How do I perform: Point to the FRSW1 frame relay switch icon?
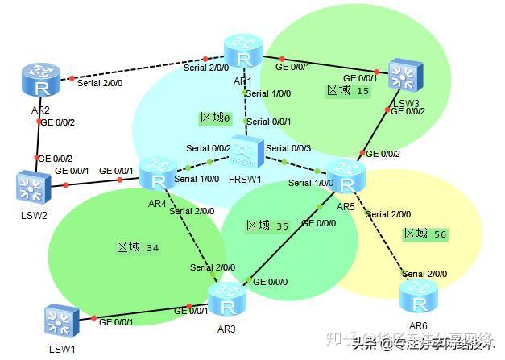pos(246,150)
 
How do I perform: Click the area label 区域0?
pos(215,118)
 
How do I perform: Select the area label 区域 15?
pos(347,91)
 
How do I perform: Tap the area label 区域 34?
pos(138,247)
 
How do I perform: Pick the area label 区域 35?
pos(267,226)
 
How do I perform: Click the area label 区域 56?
pos(426,234)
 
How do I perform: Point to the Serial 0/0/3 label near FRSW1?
pos(288,148)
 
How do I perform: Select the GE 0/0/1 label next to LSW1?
pos(116,322)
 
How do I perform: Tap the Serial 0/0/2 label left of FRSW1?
pos(208,148)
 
